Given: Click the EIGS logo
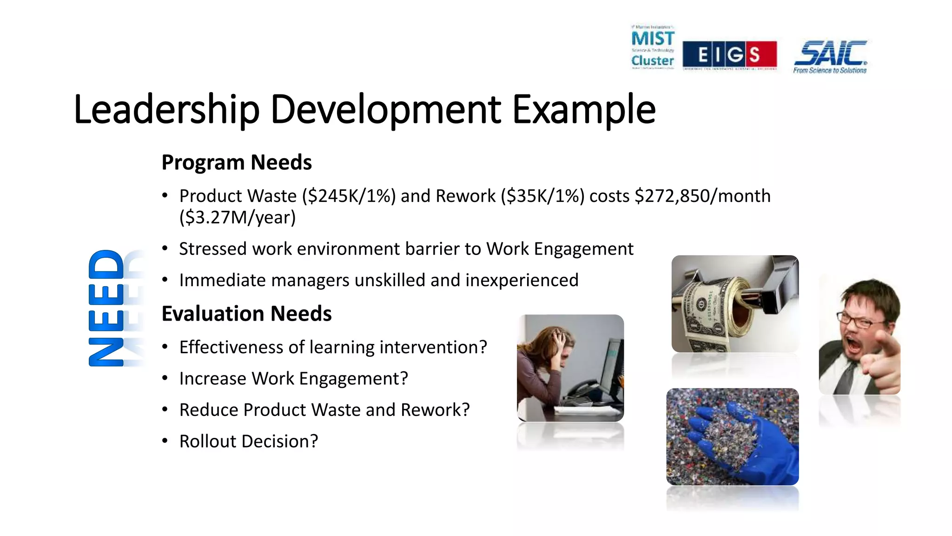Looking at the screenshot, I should pyautogui.click(x=729, y=54).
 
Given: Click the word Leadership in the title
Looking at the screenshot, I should pyautogui.click(x=166, y=110).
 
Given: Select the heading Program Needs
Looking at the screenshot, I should pyautogui.click(x=236, y=162).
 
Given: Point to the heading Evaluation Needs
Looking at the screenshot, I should pyautogui.click(x=246, y=314).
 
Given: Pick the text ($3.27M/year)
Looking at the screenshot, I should pyautogui.click(x=238, y=217).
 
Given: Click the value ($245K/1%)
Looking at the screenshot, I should pyautogui.click(x=349, y=196).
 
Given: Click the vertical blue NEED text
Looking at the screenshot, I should pyautogui.click(x=107, y=308).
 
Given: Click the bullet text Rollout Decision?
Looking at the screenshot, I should pyautogui.click(x=249, y=441).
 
